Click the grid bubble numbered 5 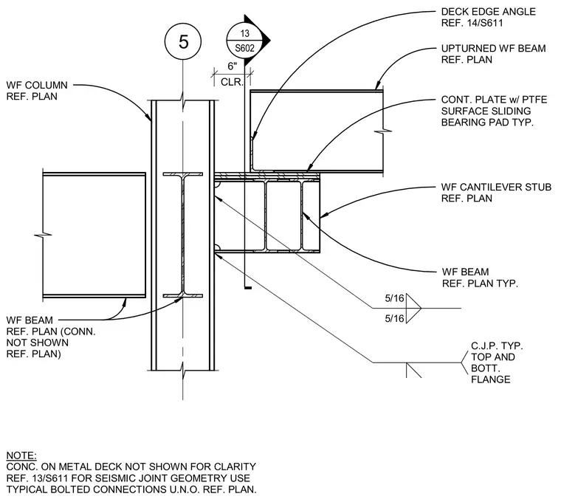183,41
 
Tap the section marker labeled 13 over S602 245,41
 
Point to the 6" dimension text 233,66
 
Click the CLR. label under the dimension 232,82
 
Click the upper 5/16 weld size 394,298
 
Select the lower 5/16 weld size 394,318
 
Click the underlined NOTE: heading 21,455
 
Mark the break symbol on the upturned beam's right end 383,131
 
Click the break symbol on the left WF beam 43,235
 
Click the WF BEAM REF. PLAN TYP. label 480,278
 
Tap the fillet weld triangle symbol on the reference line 414,308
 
